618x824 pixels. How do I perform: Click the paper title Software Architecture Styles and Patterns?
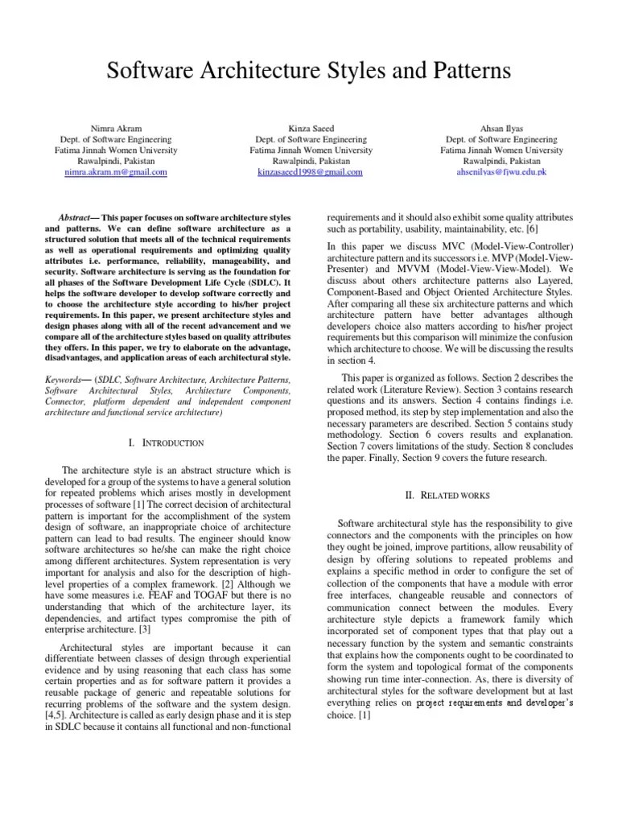[309, 72]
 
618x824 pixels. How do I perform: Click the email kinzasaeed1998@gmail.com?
[310, 172]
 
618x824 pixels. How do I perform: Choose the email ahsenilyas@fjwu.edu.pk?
[501, 172]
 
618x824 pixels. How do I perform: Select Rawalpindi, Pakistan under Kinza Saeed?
[310, 161]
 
